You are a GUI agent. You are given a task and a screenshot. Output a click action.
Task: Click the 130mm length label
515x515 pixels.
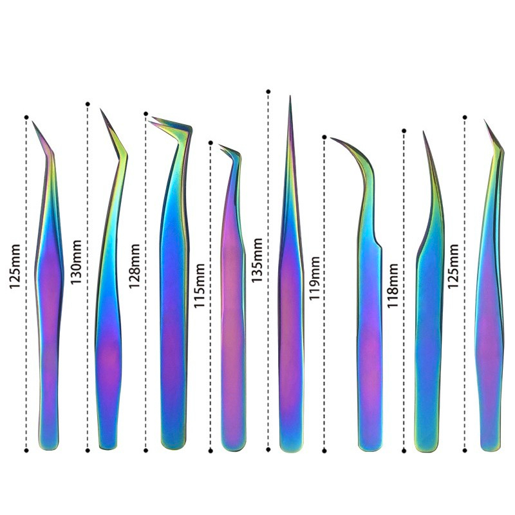(x=76, y=262)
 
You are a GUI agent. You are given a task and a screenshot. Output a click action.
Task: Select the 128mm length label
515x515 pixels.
(x=134, y=266)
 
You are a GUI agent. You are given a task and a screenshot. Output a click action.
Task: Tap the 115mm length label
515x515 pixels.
(x=199, y=285)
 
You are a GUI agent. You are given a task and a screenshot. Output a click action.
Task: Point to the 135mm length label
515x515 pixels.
(x=257, y=260)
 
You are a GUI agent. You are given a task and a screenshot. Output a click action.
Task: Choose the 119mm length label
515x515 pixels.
(x=314, y=278)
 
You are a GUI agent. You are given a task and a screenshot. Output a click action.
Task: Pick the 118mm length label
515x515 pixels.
(x=393, y=285)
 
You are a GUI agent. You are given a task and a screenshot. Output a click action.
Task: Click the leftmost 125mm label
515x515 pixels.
(x=15, y=266)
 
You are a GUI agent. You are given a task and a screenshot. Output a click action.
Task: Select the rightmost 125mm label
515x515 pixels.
(x=453, y=266)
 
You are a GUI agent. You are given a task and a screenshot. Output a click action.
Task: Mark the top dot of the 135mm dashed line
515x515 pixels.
(x=268, y=91)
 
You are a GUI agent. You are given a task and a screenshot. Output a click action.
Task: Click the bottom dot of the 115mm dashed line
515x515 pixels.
(x=211, y=451)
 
